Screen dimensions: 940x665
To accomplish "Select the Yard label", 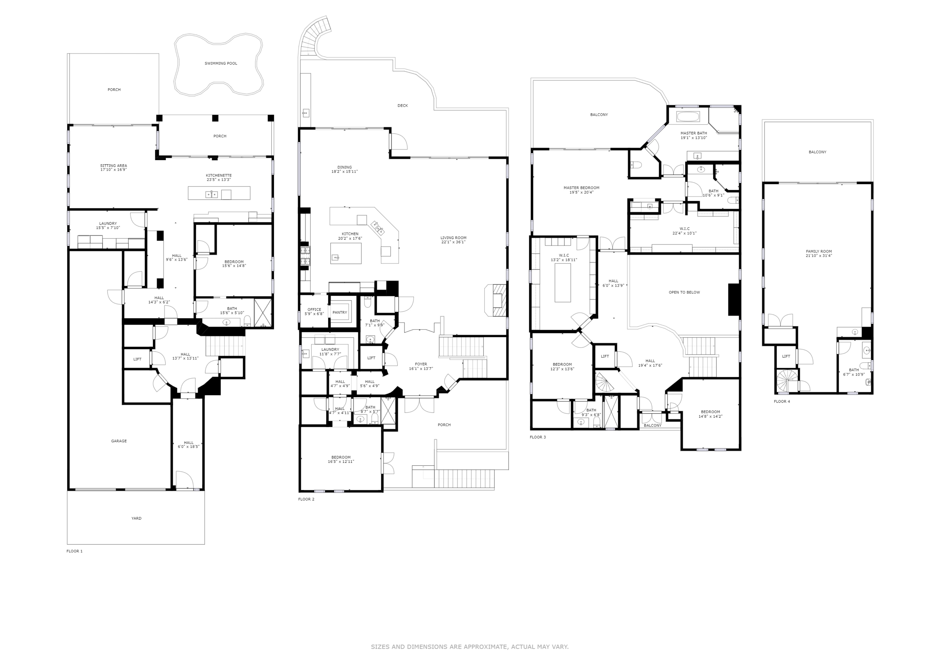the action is pyautogui.click(x=136, y=518).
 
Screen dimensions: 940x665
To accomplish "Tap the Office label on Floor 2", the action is pyautogui.click(x=314, y=310).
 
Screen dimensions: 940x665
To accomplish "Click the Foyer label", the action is pyautogui.click(x=421, y=364).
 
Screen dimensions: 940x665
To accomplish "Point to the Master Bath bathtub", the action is pyautogui.click(x=688, y=117).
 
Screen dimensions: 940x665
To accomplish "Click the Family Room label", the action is pyautogui.click(x=818, y=251).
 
